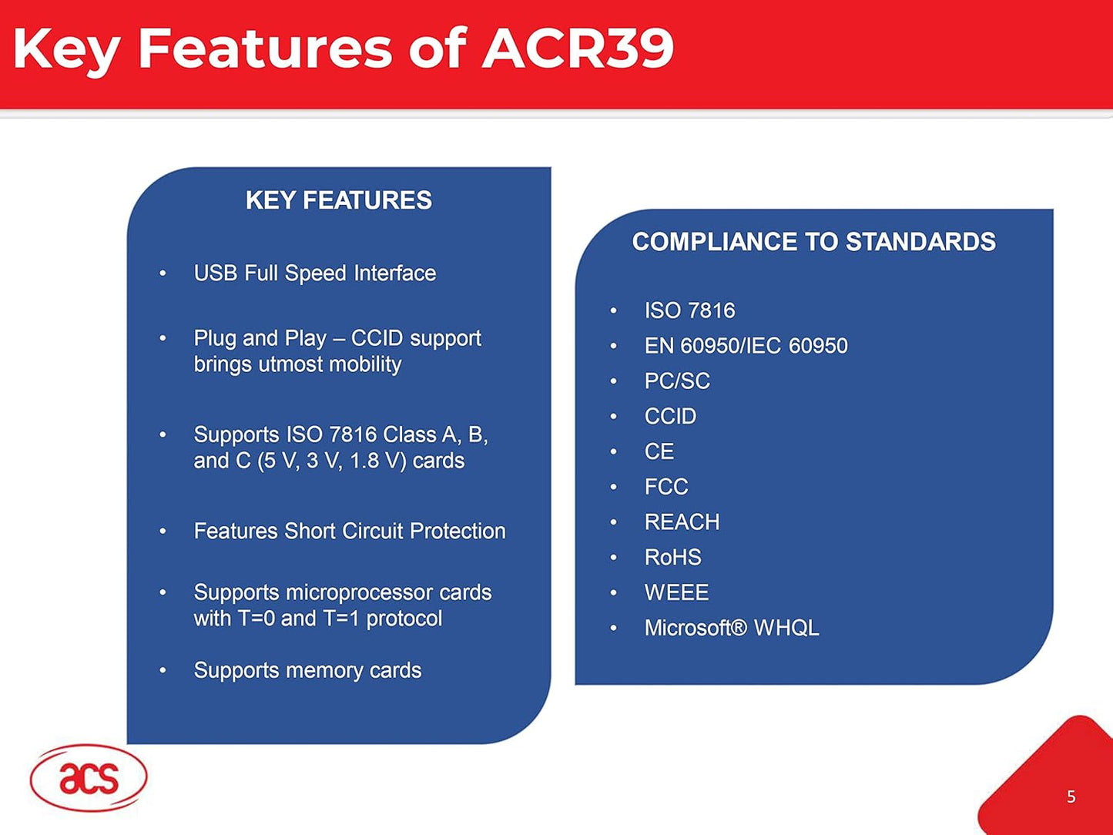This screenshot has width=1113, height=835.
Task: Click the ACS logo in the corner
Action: (88, 778)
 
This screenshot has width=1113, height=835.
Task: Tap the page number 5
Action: (1071, 797)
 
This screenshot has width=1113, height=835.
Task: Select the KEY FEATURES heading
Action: (338, 200)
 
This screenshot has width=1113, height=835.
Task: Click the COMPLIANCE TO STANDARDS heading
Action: (813, 242)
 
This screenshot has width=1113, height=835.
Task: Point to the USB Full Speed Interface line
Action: (314, 273)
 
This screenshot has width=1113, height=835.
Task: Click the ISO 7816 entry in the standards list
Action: (689, 310)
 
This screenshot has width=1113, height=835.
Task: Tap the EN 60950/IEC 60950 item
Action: (746, 346)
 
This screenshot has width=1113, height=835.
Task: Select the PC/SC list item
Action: (677, 381)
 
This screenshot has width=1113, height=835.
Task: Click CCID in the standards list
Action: (670, 417)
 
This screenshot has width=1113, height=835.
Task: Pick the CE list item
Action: (659, 451)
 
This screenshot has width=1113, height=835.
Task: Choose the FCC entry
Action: (665, 487)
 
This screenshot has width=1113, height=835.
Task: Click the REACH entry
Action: (682, 522)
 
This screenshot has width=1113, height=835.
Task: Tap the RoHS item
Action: (672, 558)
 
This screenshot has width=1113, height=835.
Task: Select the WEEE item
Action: (676, 592)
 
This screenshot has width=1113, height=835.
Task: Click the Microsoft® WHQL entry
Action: (731, 628)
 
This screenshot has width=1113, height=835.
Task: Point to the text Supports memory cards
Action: (307, 670)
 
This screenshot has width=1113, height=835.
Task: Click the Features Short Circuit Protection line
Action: (349, 532)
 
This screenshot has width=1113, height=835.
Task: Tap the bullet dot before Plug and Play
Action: (163, 338)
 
